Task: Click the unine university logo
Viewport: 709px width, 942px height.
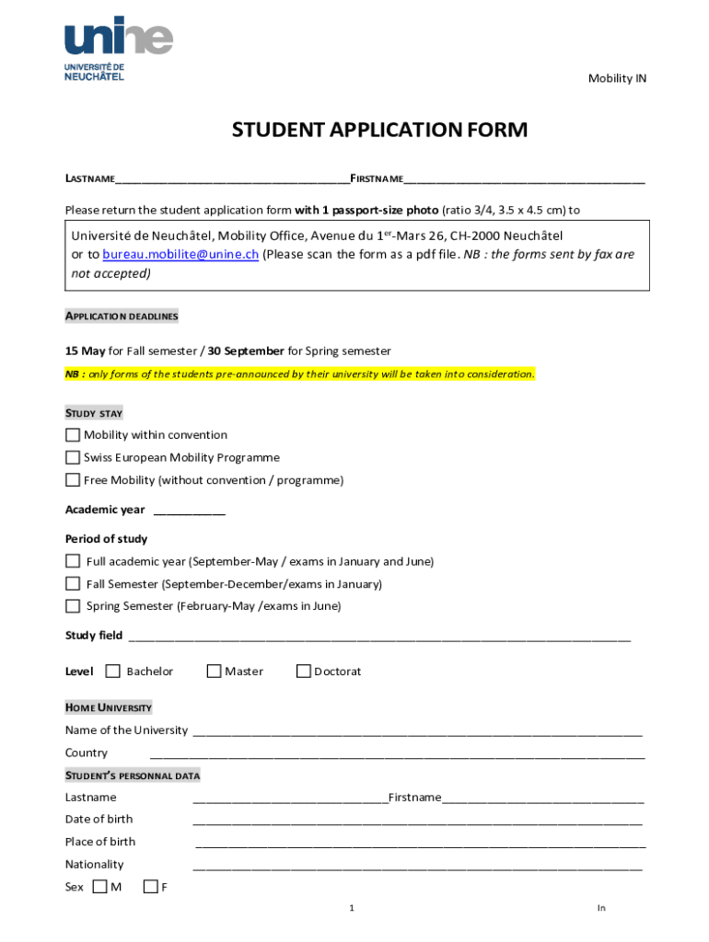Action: pyautogui.click(x=118, y=49)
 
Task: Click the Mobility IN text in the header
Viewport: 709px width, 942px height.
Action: pyautogui.click(x=617, y=79)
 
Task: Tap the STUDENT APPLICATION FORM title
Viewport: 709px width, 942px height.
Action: pyautogui.click(x=379, y=131)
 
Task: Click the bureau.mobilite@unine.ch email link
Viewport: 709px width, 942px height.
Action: pyautogui.click(x=180, y=255)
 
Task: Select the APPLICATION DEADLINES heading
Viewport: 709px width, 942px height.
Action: pyautogui.click(x=122, y=316)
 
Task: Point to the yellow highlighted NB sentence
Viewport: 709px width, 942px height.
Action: pyautogui.click(x=299, y=374)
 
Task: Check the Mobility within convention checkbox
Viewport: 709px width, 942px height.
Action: pyautogui.click(x=73, y=435)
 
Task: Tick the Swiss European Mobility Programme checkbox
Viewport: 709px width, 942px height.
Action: pyautogui.click(x=73, y=457)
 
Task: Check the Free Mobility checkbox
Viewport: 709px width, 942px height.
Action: pyautogui.click(x=73, y=480)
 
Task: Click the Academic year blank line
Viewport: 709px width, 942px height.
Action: pyautogui.click(x=189, y=511)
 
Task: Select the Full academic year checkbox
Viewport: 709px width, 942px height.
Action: pyautogui.click(x=73, y=561)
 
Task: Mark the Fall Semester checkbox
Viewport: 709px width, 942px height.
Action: pyautogui.click(x=73, y=583)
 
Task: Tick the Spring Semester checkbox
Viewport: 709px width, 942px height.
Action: pyautogui.click(x=73, y=606)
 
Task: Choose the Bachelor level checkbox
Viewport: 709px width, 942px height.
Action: pyautogui.click(x=113, y=672)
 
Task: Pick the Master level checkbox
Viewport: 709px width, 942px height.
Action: pyautogui.click(x=214, y=672)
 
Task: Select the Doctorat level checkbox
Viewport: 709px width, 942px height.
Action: pyautogui.click(x=303, y=672)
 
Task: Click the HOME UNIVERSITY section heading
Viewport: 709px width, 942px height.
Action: pyautogui.click(x=109, y=708)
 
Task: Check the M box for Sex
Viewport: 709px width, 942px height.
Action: pyautogui.click(x=99, y=888)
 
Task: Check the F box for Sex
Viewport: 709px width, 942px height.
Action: pyautogui.click(x=151, y=888)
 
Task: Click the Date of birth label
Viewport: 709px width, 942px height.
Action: pyautogui.click(x=99, y=820)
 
